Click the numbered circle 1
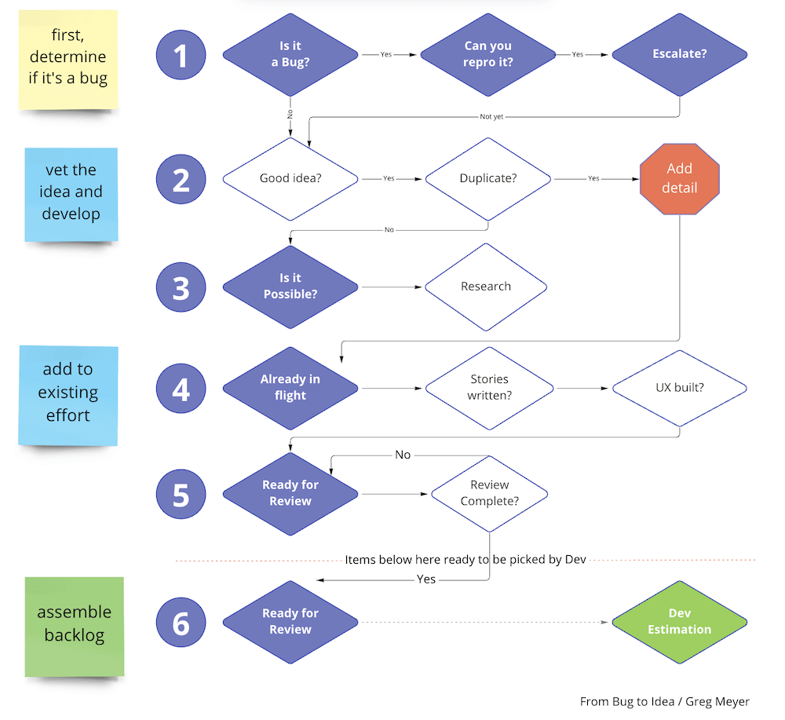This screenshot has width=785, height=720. [x=181, y=55]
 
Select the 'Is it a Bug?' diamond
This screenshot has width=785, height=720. [x=290, y=55]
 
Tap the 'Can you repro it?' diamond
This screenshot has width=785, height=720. [x=487, y=55]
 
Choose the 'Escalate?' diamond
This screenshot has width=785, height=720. [x=679, y=55]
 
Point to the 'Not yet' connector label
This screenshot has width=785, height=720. [x=491, y=116]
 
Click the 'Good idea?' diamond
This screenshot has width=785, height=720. [x=290, y=179]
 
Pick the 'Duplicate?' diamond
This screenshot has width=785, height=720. [x=487, y=179]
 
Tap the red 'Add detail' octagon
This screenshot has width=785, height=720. [x=680, y=178]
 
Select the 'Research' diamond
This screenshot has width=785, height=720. [x=486, y=287]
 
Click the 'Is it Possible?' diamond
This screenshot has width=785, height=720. [x=290, y=287]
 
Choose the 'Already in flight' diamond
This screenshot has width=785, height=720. [x=290, y=387]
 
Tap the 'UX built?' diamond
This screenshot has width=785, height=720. [x=680, y=388]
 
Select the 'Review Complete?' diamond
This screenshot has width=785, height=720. [x=490, y=494]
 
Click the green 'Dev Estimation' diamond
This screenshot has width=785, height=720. [x=679, y=622]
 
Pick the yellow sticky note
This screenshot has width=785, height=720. [x=68, y=60]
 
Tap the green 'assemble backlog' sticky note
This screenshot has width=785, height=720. [x=75, y=625]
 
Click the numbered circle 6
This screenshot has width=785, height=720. [x=181, y=623]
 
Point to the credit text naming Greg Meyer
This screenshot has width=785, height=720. [x=664, y=701]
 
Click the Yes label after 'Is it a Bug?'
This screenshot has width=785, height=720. [x=385, y=55]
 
